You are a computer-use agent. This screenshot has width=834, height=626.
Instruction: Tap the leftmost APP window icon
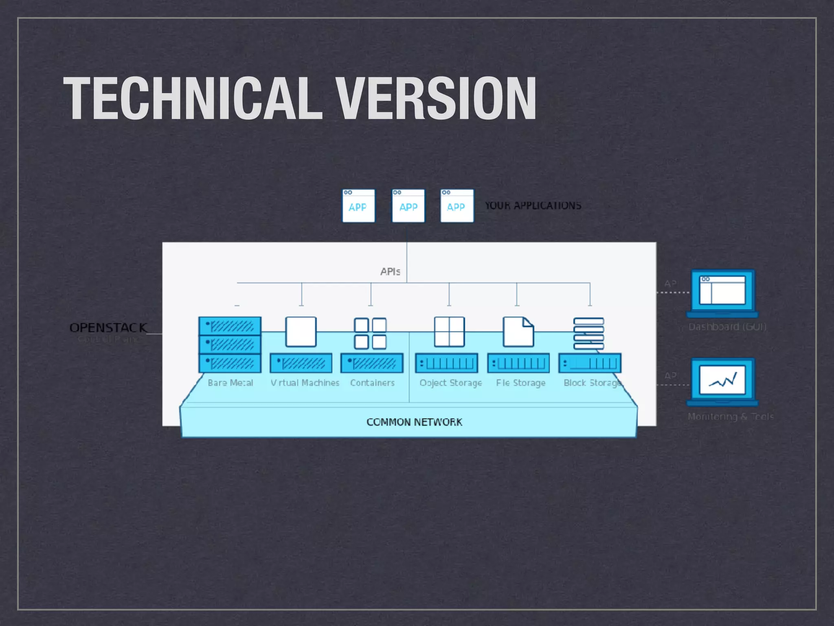coord(358,206)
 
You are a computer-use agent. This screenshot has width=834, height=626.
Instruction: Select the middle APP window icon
coord(408,206)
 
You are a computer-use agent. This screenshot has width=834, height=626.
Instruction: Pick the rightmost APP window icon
coord(457,206)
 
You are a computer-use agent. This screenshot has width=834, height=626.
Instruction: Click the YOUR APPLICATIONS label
coord(533,205)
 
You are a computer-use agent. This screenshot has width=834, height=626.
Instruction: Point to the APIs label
coord(390,271)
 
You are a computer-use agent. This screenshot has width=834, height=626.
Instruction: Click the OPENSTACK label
coord(108,327)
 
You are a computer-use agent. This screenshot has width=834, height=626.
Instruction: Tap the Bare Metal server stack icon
coord(230,344)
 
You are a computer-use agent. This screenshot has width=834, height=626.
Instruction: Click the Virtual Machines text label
coord(305,383)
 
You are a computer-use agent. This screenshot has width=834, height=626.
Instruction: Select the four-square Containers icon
coord(370,333)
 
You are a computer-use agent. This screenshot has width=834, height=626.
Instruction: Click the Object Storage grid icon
coord(449,332)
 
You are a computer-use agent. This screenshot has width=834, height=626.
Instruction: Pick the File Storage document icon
coord(518,332)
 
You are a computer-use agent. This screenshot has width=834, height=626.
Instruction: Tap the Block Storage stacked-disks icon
coord(588,333)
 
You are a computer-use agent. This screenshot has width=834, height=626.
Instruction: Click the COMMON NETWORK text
coord(414,422)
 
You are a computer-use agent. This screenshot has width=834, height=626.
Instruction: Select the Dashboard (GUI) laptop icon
coord(722,293)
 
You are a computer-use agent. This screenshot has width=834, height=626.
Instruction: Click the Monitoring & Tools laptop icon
coord(722,381)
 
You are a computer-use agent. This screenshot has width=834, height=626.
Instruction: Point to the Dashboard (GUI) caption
coord(727,326)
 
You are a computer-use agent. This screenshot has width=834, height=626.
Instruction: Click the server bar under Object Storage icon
coord(447,363)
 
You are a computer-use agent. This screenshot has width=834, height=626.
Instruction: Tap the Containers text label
coord(372,383)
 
